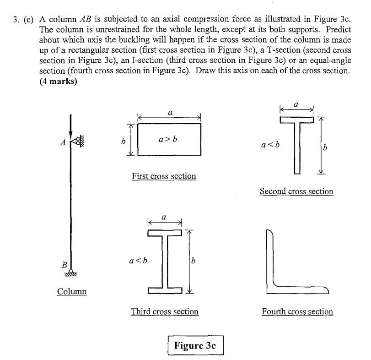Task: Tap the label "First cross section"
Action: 164,176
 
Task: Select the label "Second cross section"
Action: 296,191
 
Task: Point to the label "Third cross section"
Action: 165,312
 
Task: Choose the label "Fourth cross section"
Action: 297,312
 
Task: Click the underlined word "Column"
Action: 72,291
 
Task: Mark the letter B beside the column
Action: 64,265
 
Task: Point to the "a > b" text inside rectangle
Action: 168,139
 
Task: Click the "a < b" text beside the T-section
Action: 270,145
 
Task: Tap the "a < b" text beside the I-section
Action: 138,261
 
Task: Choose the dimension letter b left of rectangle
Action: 123,142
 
